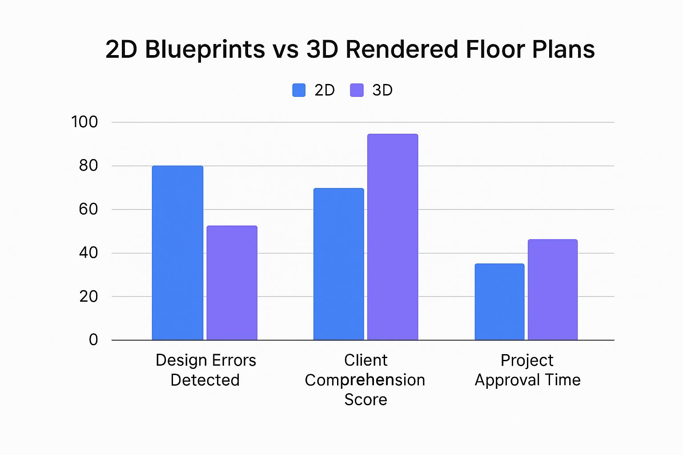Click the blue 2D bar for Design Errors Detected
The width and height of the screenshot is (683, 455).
click(x=177, y=253)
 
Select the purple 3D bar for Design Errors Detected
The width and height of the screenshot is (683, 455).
click(x=232, y=283)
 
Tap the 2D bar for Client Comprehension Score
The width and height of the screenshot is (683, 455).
click(x=338, y=264)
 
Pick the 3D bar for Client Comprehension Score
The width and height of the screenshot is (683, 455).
click(x=393, y=237)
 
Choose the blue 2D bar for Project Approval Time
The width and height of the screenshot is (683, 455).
click(x=499, y=302)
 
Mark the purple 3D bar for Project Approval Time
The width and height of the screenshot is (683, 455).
click(x=553, y=290)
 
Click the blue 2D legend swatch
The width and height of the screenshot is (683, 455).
click(x=299, y=90)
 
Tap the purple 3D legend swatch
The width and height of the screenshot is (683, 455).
click(x=357, y=90)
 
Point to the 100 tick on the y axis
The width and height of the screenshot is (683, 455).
click(x=84, y=122)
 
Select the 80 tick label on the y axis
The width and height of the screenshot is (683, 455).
click(x=88, y=166)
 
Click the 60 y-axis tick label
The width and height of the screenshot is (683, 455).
click(x=88, y=209)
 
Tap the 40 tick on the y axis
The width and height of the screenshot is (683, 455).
click(x=88, y=253)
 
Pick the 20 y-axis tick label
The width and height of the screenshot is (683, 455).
click(x=88, y=296)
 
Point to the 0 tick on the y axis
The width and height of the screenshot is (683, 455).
click(x=93, y=340)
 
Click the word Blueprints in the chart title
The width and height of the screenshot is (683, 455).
click(x=205, y=50)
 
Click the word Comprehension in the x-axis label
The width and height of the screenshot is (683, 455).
click(x=365, y=380)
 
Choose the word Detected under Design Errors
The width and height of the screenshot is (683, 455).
click(x=205, y=380)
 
